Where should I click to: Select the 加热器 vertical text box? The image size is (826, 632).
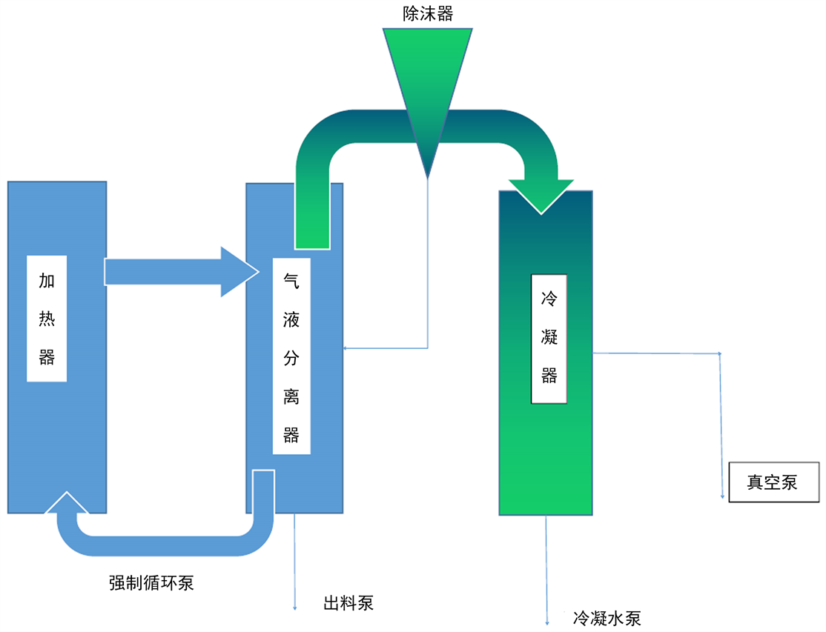(x=47, y=319)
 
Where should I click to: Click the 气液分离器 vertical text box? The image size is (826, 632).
(x=291, y=356)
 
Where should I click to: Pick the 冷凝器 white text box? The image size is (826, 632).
(x=549, y=339)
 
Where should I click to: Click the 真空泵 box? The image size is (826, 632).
(x=774, y=482)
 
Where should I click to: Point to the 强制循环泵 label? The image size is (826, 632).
(x=151, y=582)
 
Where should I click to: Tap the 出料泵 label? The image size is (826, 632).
(x=348, y=602)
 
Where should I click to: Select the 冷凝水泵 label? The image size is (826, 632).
(x=607, y=618)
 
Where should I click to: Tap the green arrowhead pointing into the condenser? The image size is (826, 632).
(x=541, y=196)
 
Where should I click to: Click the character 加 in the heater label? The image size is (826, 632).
(x=47, y=282)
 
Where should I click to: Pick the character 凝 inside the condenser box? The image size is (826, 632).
(x=549, y=338)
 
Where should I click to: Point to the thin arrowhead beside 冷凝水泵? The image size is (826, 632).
(x=547, y=622)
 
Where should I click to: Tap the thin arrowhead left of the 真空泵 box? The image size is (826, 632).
(x=722, y=496)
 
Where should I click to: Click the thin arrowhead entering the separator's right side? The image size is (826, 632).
(x=346, y=347)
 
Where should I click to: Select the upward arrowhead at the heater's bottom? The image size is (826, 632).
(x=67, y=502)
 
